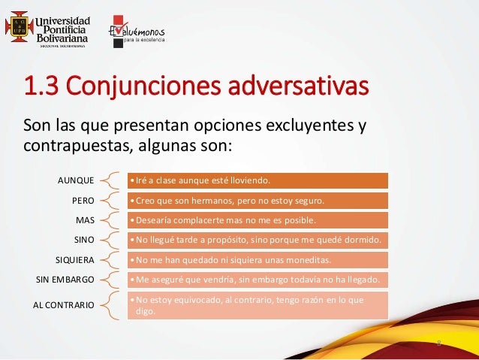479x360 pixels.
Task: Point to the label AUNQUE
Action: pos(76,180)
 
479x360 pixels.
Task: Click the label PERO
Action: pos(83,201)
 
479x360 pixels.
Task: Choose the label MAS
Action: pos(85,220)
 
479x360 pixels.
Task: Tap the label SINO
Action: pos(84,241)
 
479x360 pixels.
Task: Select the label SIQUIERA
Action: pos(75,260)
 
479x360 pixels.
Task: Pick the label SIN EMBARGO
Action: pos(65,280)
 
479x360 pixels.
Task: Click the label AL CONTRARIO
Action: pos(63,305)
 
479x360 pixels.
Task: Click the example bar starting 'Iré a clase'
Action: pos(258,180)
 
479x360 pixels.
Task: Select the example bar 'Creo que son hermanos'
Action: pos(258,201)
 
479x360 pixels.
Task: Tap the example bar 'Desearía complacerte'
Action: pos(258,220)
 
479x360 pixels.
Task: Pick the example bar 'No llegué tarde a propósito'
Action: pos(258,241)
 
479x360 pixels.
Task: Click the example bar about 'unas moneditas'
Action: pos(258,260)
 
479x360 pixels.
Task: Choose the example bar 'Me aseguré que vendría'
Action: pos(258,280)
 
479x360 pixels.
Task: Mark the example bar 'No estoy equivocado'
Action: pos(258,305)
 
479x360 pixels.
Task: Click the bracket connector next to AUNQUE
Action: pos(110,180)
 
